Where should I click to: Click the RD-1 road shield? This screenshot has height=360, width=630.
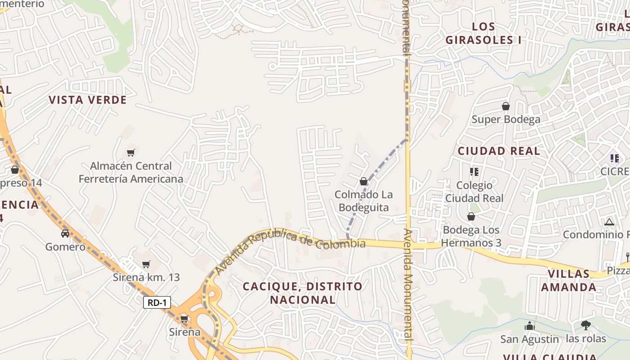[157, 303]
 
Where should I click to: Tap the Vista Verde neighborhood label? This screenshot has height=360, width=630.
[88, 100]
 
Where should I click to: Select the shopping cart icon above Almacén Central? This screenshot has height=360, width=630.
[130, 153]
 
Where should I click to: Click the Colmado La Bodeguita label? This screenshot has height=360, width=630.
[364, 201]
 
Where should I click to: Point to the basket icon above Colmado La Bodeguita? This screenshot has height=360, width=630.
[363, 182]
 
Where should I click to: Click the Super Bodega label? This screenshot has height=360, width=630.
[506, 120]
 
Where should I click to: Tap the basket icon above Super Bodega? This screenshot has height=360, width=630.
[506, 106]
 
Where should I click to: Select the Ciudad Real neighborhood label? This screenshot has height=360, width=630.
[499, 151]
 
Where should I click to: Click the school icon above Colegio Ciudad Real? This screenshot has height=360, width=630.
[474, 171]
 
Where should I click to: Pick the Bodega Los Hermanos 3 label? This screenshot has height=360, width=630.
[471, 237]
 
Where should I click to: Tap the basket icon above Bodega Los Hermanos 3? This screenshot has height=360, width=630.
[471, 217]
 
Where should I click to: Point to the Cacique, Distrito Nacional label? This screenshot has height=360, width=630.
[302, 293]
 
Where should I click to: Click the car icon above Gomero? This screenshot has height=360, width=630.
[65, 233]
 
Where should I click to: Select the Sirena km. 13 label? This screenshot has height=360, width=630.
[146, 277]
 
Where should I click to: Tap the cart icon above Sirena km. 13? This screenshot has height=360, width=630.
[146, 264]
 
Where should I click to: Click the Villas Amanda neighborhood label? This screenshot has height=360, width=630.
[569, 280]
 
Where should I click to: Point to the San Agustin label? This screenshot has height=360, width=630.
[530, 339]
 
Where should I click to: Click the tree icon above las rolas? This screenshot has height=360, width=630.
[586, 325]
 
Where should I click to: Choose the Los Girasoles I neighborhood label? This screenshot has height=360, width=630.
[483, 33]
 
